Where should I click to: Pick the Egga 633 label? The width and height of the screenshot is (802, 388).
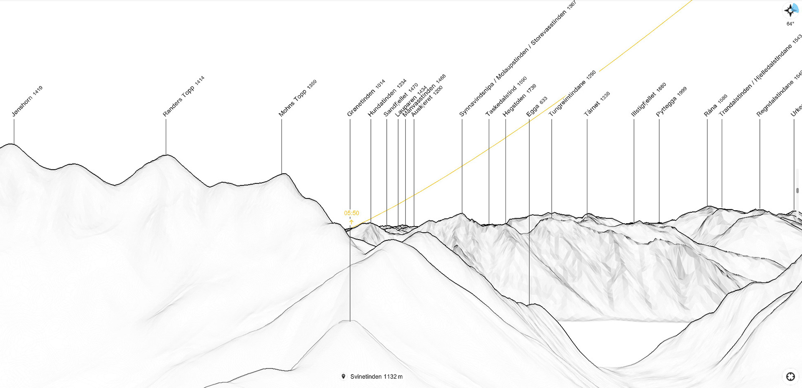[x=537, y=106]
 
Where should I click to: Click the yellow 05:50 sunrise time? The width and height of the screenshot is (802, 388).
[x=351, y=213]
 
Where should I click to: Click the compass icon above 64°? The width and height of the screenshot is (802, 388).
[x=790, y=10]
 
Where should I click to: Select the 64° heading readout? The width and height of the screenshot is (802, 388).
[x=790, y=24]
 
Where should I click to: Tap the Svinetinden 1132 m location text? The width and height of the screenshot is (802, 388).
[x=376, y=377]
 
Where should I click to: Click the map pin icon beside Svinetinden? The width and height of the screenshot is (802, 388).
[x=343, y=376]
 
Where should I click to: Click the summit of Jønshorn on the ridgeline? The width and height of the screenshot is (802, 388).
[x=14, y=144]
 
